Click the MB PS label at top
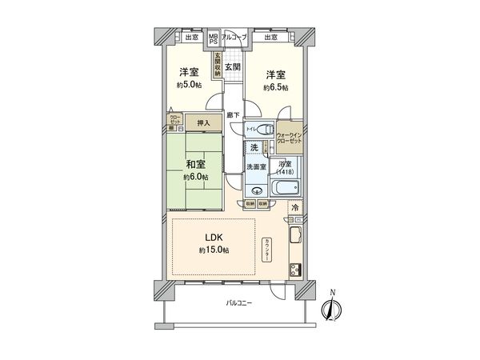click(213, 39)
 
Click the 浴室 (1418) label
click(286, 167)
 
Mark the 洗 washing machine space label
click(254, 148)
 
